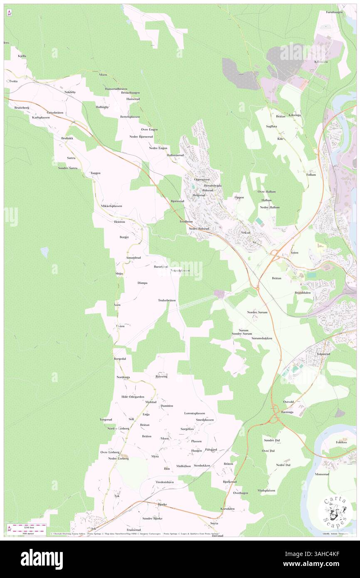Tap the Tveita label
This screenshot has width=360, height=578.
point(13,82)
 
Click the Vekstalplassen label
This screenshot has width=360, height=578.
point(180,270)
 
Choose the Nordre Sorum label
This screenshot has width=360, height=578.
point(257,312)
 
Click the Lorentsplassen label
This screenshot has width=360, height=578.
point(195,413)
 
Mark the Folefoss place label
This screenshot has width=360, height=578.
point(341,442)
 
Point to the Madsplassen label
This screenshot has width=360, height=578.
point(266,490)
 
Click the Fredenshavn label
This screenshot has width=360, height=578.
point(164,482)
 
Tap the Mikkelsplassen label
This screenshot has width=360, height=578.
point(111,206)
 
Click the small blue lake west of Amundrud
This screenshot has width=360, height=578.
point(44,252)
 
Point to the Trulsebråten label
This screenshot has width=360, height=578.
point(167,300)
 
